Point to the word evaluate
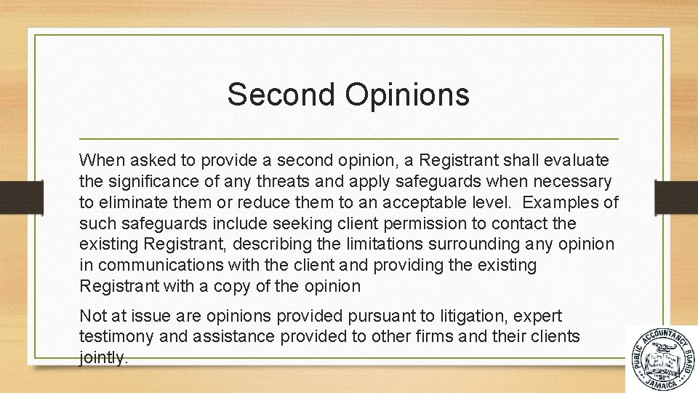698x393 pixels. click(575, 159)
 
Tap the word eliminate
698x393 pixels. click(135, 202)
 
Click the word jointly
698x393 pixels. click(103, 358)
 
